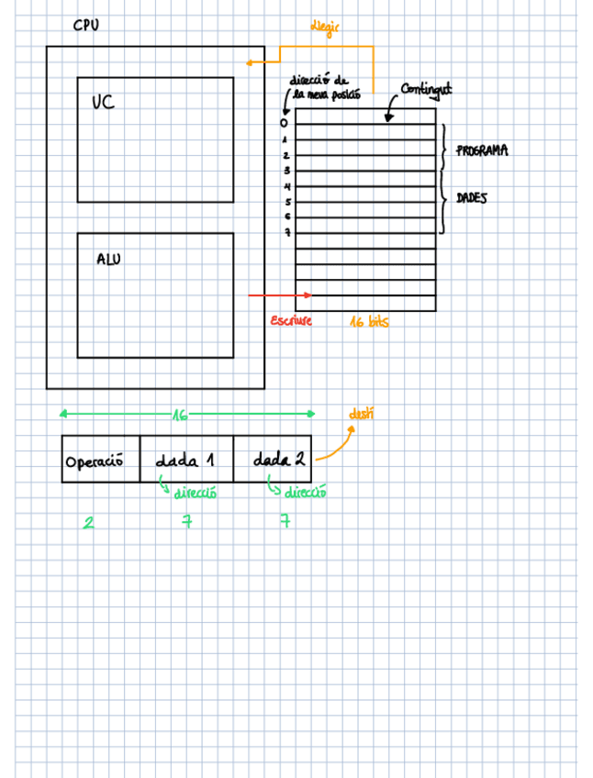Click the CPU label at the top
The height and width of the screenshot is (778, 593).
86,25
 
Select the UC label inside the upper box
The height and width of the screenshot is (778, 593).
103,102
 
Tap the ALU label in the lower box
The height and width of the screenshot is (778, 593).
108,260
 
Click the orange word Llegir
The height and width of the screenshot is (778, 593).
326,30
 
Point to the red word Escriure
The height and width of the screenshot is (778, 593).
291,321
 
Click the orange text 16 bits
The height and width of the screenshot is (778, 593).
369,322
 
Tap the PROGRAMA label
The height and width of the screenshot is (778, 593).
482,150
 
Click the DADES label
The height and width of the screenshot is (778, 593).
472,198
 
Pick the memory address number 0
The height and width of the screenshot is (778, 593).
284,123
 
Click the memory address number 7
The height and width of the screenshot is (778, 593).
286,233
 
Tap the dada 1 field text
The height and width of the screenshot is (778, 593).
185,460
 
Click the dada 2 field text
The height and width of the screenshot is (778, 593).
279,459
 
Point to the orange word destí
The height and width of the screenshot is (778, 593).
362,415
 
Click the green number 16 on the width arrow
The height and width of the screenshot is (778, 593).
180,416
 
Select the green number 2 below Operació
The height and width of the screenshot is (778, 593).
88,523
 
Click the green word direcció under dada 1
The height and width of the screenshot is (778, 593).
195,494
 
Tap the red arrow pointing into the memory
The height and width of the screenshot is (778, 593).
280,295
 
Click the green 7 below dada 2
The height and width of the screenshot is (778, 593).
285,521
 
